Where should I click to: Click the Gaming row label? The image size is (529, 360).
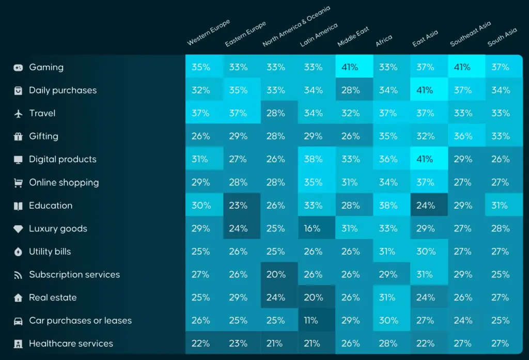(x=46, y=67)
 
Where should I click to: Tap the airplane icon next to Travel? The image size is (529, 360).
(x=18, y=114)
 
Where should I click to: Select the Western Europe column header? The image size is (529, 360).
(x=208, y=33)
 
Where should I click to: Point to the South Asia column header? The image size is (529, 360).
(x=502, y=37)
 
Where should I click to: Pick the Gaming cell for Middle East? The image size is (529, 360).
(x=350, y=67)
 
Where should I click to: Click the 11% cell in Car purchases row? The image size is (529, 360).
(x=311, y=321)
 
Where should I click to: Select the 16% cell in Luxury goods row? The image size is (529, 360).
(x=312, y=228)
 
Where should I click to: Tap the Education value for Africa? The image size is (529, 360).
(x=387, y=206)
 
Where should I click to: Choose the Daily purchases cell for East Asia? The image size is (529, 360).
(x=425, y=90)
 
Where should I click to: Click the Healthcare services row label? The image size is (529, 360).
(x=71, y=343)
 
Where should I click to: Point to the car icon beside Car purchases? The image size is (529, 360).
(x=18, y=321)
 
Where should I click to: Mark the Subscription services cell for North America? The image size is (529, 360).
(x=275, y=275)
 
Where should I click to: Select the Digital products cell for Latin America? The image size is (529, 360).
(x=313, y=160)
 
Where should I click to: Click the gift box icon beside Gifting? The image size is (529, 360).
(x=18, y=137)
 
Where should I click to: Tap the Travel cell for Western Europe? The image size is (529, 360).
(x=200, y=114)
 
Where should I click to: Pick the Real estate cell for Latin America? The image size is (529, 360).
(x=313, y=298)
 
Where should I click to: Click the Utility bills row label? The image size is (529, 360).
(x=50, y=252)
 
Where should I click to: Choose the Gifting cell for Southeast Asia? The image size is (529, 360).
(x=462, y=136)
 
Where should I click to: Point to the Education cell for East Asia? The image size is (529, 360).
(x=425, y=206)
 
